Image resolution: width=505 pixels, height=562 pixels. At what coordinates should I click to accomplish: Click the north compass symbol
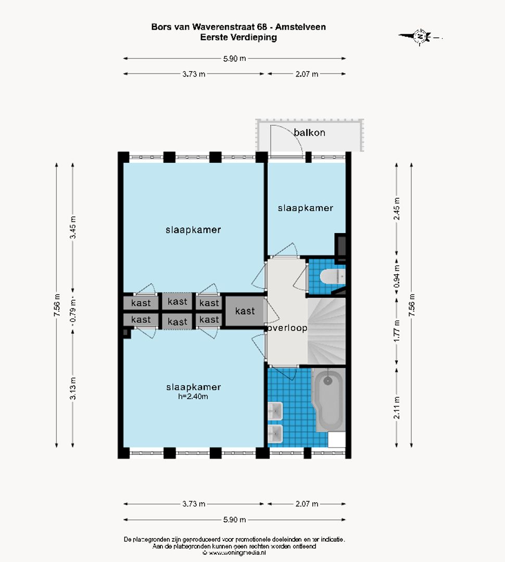click(420, 36)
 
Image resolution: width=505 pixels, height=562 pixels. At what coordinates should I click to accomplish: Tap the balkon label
click(309, 133)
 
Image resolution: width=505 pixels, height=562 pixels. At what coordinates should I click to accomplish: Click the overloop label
click(287, 328)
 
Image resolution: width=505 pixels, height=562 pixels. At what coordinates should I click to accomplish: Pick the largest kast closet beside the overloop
click(245, 311)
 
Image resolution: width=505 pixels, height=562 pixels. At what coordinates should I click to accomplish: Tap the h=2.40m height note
click(193, 397)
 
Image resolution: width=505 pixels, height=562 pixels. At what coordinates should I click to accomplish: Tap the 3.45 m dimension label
click(73, 227)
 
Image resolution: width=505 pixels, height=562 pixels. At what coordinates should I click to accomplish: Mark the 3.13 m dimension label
click(73, 388)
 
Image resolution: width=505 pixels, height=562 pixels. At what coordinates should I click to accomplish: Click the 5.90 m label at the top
click(234, 58)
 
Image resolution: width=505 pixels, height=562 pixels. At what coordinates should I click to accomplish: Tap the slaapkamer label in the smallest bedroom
click(305, 208)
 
